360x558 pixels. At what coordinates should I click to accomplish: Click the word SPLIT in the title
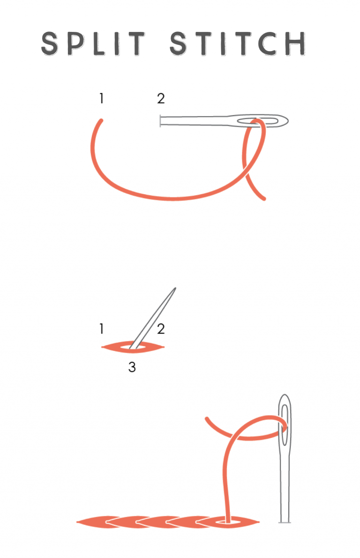click(94, 44)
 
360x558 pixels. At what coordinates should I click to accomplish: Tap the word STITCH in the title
click(238, 44)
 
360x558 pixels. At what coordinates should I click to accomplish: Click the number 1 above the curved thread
click(101, 98)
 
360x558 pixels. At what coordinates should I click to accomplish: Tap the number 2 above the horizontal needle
click(161, 98)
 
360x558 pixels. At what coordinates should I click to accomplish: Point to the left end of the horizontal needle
click(161, 121)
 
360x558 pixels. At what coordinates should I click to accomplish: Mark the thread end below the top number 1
click(101, 121)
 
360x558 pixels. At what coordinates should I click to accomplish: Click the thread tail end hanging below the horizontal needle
click(264, 198)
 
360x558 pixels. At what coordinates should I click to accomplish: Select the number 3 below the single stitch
click(132, 367)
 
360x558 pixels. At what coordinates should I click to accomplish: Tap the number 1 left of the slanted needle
click(101, 329)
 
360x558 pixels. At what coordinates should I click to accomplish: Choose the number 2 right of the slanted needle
click(161, 329)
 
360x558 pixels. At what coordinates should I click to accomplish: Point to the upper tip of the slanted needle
click(175, 288)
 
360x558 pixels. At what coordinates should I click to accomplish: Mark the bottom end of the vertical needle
click(285, 520)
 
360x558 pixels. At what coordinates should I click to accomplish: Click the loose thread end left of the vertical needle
click(207, 419)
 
